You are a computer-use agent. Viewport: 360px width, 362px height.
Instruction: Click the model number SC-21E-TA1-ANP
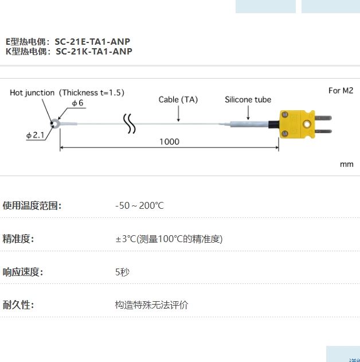coord(92,41)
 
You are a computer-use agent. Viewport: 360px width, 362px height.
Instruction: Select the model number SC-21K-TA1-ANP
coord(93,51)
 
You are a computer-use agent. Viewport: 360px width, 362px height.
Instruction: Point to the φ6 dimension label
coord(77,103)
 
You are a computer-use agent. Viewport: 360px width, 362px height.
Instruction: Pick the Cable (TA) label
coord(178,99)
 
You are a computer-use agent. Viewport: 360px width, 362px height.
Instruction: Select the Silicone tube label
coord(248,99)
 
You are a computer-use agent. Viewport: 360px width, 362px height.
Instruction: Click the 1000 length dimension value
coord(169,142)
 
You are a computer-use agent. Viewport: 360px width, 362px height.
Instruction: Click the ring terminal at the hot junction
coord(56,123)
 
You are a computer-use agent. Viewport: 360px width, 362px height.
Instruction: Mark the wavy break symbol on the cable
coord(130,124)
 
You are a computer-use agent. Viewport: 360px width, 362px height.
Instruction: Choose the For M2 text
coord(341,90)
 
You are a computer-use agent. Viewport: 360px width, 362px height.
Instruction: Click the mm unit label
coord(346,164)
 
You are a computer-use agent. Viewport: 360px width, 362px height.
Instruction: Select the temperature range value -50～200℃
coord(139,205)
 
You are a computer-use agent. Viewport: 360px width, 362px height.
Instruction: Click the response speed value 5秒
coord(122,272)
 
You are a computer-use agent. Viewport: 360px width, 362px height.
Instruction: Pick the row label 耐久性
coord(18,305)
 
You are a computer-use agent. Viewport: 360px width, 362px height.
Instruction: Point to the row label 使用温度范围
coord(32,205)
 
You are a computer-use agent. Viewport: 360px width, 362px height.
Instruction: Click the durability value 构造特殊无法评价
coord(151,305)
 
